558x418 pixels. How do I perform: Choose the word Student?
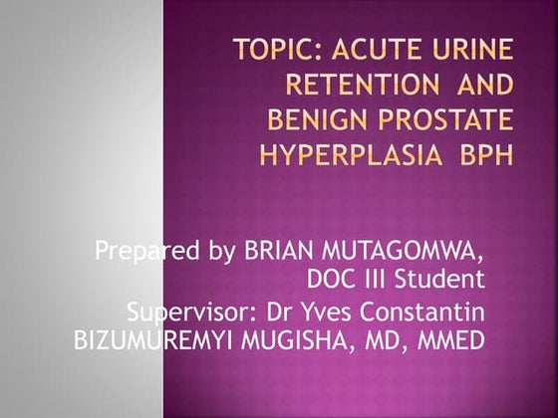(438, 278)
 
